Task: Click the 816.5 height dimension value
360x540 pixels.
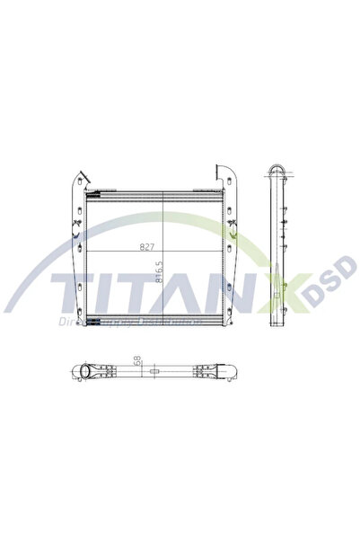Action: (159, 271)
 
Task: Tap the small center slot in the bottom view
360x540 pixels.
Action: (154, 371)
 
